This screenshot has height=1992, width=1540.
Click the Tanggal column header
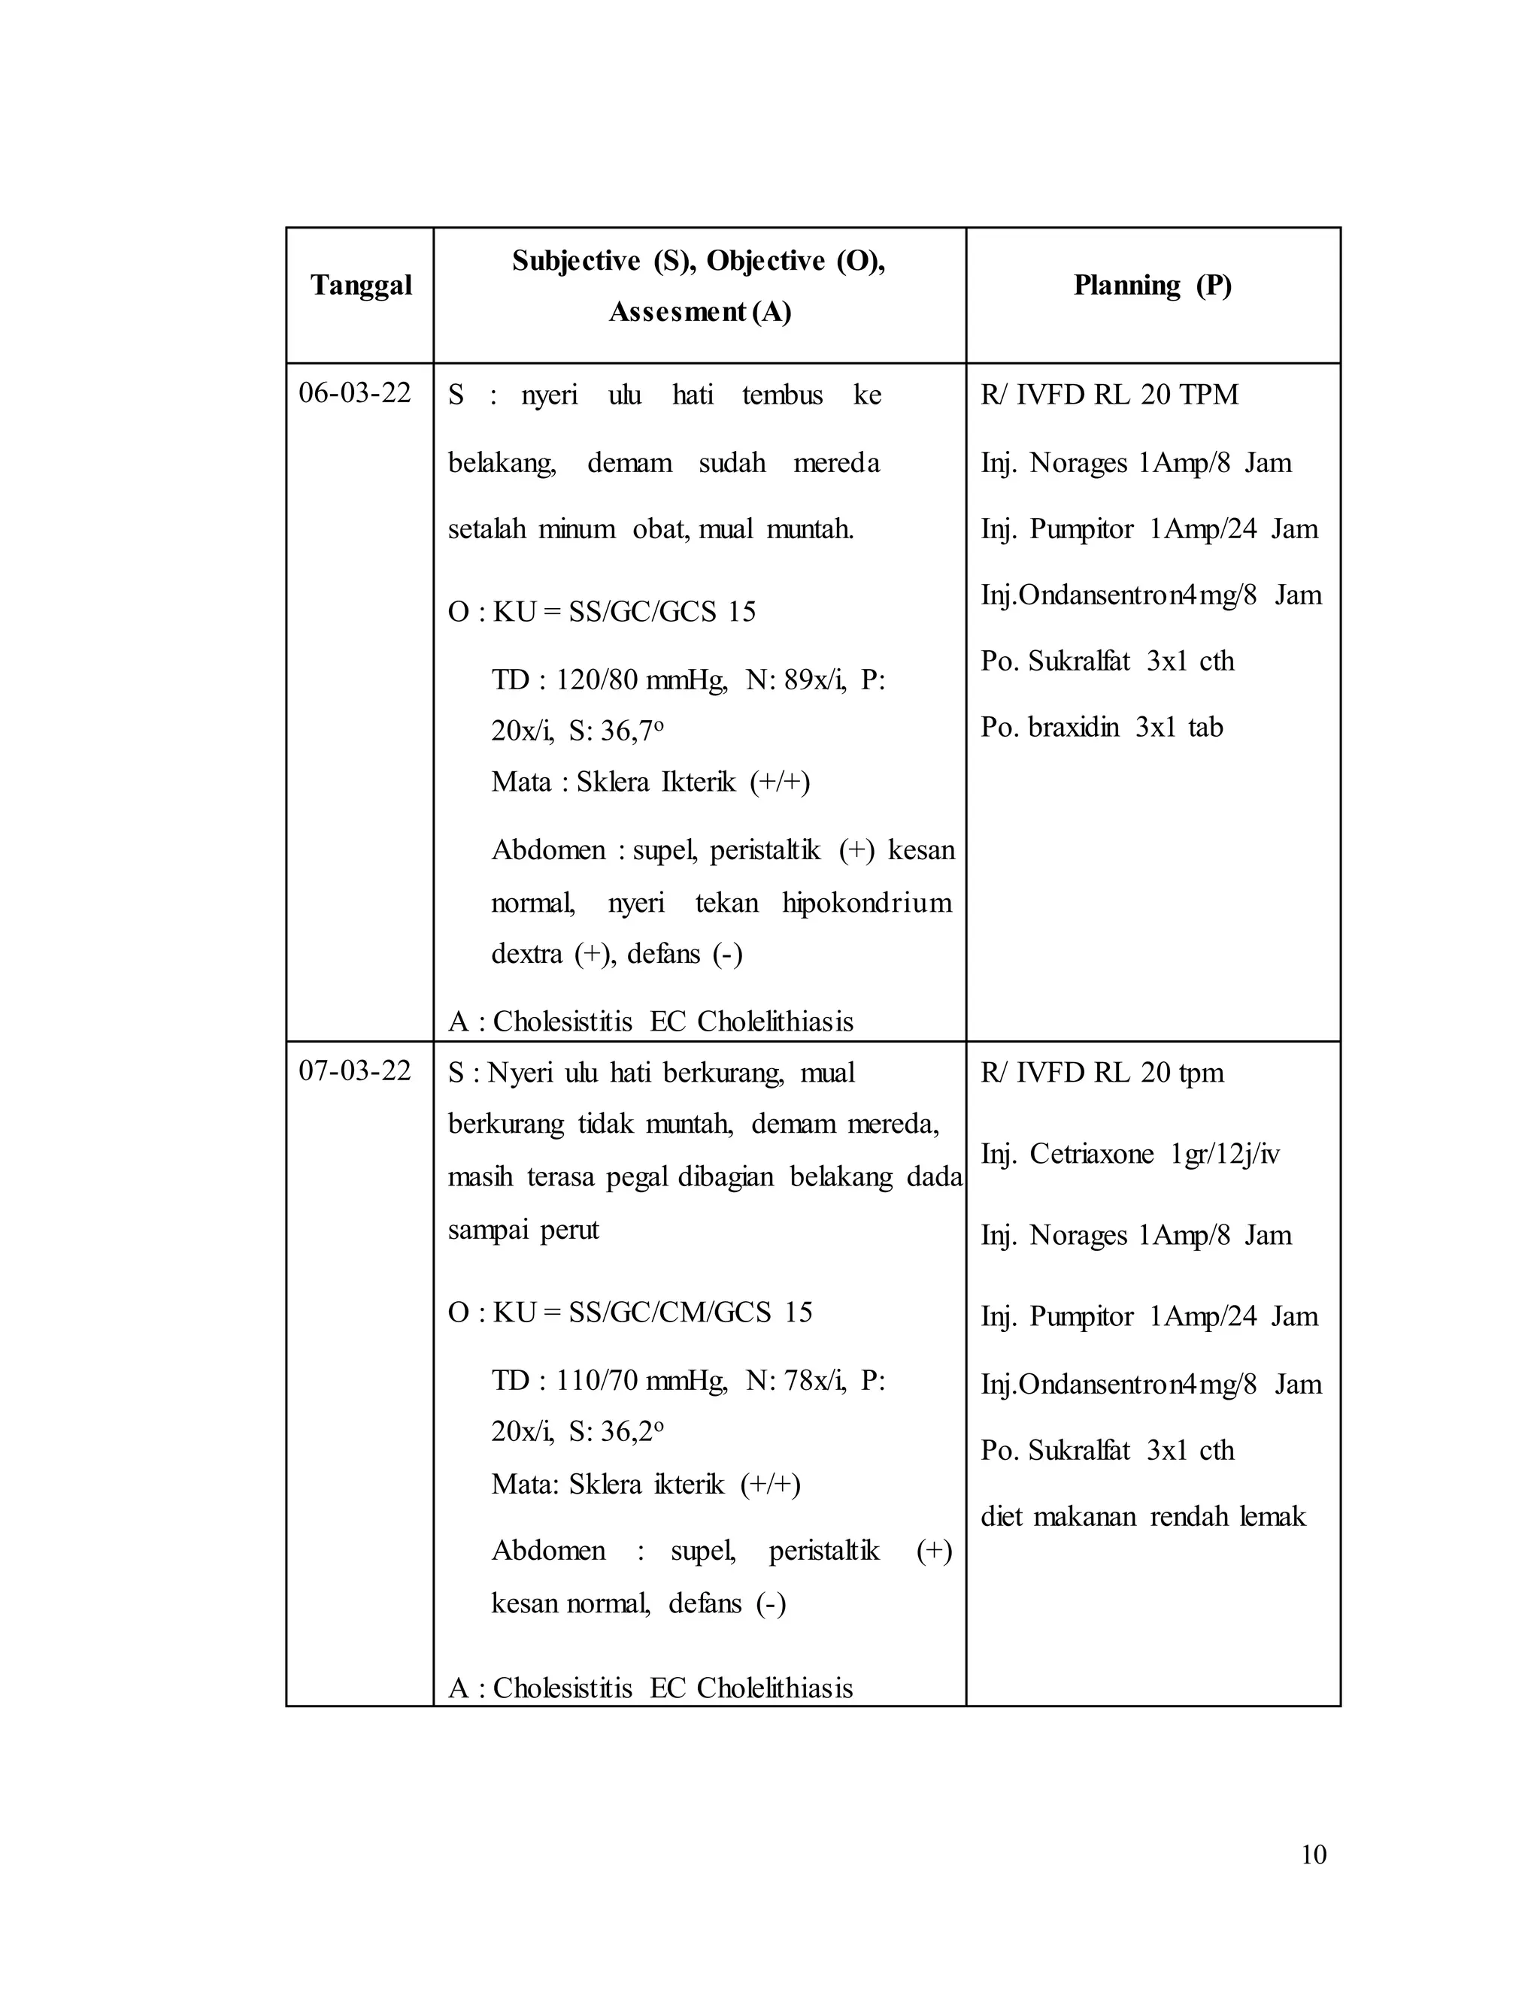361,286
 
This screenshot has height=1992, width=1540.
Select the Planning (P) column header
1152,286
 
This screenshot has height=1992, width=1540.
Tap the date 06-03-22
355,393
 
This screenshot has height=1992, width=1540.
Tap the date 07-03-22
355,1070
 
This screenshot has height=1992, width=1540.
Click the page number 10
1313,1855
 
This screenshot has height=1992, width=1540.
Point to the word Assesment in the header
678,312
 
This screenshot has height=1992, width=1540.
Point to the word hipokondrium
867,903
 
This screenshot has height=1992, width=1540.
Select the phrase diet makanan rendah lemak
1142,1517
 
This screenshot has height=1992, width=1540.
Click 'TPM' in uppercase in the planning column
1209,395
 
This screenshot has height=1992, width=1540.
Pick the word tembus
782,395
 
